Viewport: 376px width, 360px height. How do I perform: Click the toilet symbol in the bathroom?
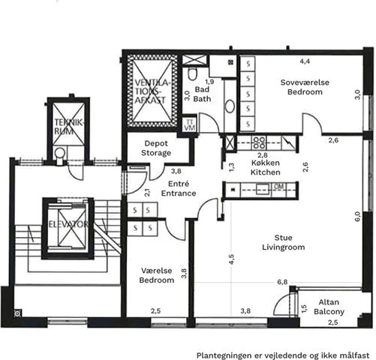coord(192,73)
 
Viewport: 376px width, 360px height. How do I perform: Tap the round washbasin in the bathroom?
coord(230,106)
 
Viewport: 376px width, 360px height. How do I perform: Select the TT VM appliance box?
coord(189,124)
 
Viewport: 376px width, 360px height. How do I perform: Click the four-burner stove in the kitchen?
coord(259,142)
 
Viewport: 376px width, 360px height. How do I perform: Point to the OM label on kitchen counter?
coord(279,187)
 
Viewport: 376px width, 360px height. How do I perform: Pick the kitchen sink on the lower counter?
coord(263,189)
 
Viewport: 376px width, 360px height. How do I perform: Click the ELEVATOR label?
coord(68,224)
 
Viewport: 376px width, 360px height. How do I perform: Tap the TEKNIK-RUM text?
coord(68,127)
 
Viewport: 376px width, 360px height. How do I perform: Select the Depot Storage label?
coord(156,148)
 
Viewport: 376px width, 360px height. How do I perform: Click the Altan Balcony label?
coord(329,307)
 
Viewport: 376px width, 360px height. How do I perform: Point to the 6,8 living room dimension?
coord(282,282)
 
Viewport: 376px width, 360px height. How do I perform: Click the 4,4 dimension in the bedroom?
coord(305,61)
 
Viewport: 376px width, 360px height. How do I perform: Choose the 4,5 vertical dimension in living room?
coord(231,259)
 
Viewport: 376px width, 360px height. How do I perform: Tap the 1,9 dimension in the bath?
coord(209,82)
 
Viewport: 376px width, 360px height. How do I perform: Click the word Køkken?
coord(265,163)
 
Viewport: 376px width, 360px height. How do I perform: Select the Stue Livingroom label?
coord(283,242)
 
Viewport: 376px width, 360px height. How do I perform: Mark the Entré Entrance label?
coord(179,188)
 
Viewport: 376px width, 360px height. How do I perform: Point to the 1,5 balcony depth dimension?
coord(304,309)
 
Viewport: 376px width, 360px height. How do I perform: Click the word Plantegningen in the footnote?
coord(224,355)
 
